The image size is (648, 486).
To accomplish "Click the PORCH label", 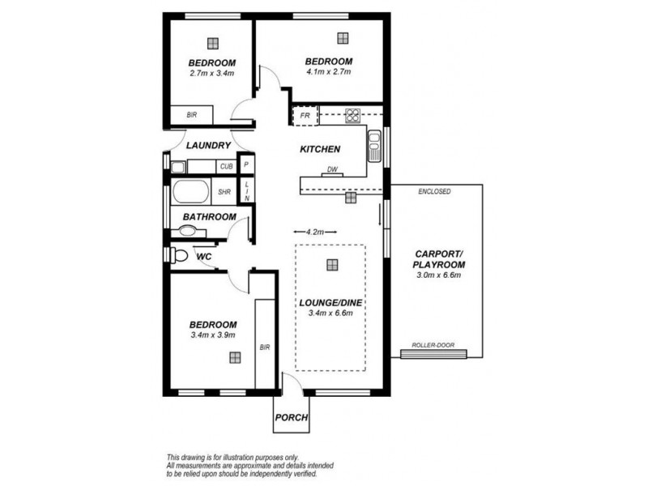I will [x=291, y=418].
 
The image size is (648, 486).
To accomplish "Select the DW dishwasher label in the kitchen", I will [x=332, y=170].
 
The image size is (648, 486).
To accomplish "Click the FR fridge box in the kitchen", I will [x=304, y=116].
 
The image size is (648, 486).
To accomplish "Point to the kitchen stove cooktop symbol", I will [x=353, y=116].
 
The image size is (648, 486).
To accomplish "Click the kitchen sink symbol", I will [x=375, y=146].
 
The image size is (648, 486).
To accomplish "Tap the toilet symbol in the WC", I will [x=180, y=255].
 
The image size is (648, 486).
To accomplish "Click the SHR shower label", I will [x=224, y=193].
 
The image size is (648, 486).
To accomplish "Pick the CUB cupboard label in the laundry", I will [x=226, y=167].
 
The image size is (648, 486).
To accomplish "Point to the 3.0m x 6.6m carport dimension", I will [x=437, y=275].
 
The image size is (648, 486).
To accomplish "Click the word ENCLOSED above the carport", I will [x=434, y=191].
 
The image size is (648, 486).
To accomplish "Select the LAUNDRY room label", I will [x=209, y=146].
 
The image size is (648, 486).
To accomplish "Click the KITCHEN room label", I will [x=319, y=150].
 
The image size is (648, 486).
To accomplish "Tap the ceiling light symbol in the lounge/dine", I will [x=332, y=264].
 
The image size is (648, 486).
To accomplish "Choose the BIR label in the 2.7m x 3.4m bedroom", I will [x=191, y=116].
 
